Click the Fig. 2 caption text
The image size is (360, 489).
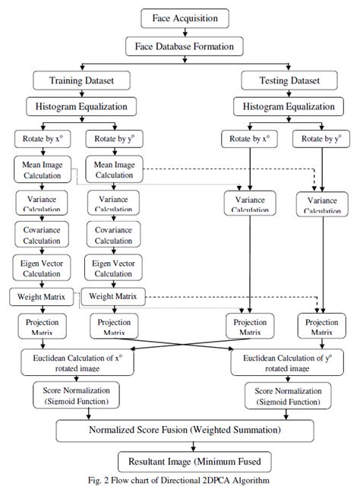point(179,480)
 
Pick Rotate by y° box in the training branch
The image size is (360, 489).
point(112,140)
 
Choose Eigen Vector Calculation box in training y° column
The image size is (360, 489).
point(112,267)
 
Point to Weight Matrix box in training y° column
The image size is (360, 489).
point(113,296)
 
